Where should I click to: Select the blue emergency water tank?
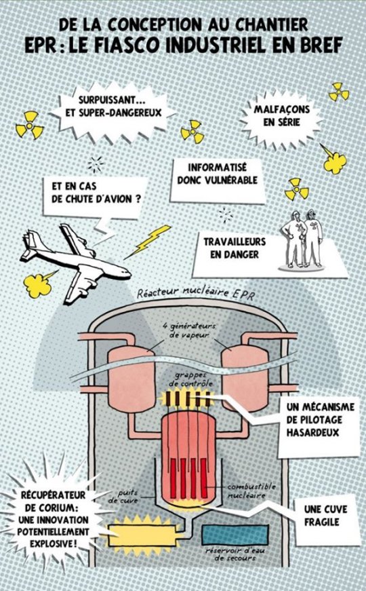pos(235,535)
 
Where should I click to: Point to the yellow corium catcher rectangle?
pos(142,535)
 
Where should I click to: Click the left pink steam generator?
pos(131,379)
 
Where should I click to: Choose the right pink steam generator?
pos(245,378)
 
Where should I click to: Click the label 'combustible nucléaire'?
pos(251,491)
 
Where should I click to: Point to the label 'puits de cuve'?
pos(123,497)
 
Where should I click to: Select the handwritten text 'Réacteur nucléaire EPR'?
pos(196,293)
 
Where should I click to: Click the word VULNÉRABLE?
pos(230,180)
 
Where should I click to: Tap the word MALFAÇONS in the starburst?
pos(282,109)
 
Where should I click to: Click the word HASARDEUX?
pos(312,432)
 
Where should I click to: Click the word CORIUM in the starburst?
pos(54,508)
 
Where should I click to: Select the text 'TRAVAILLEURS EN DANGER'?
pos(235,248)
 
